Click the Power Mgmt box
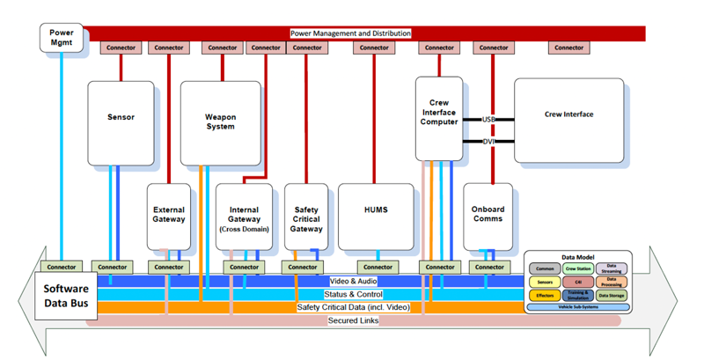62,38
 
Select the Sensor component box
121,116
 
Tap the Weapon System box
220,122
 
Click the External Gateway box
168,215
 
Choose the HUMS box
376,210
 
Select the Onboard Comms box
488,215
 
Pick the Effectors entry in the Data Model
545,297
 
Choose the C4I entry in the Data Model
578,283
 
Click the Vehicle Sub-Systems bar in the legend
578,307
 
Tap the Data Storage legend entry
612,297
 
